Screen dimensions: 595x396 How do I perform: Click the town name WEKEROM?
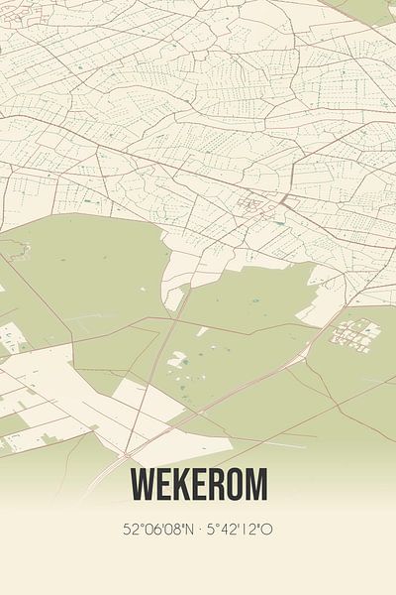click(198, 486)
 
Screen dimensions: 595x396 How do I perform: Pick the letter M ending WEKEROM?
click(255, 486)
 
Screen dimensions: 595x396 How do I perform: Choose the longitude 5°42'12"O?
click(239, 530)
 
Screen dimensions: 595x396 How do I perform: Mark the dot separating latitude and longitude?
click(201, 530)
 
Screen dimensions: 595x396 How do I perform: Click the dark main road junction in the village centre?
click(282, 202)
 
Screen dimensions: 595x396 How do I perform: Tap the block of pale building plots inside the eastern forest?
click(353, 335)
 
